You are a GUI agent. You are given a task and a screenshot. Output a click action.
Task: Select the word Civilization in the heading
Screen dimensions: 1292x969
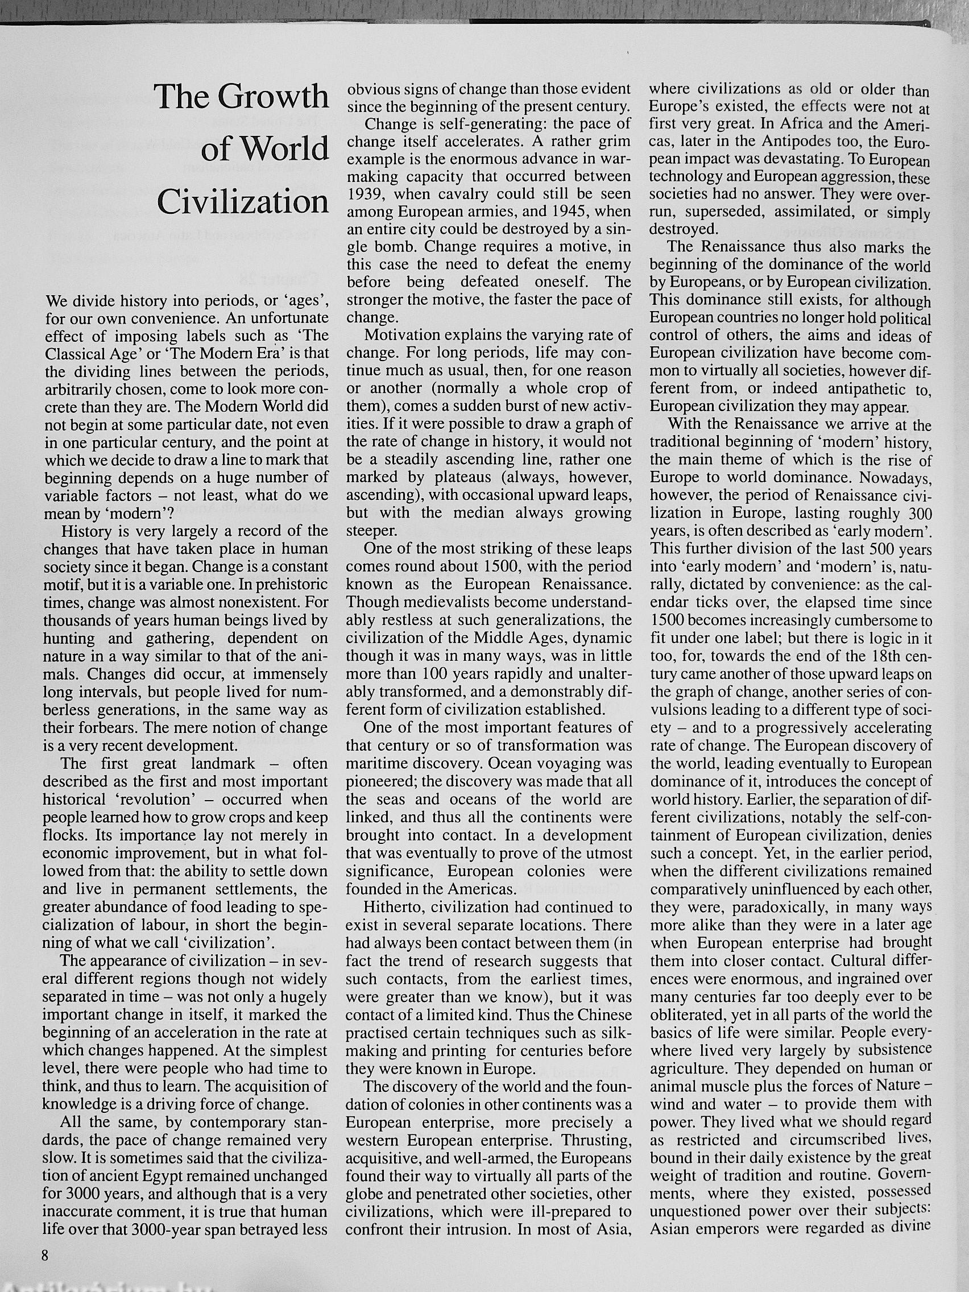click(243, 202)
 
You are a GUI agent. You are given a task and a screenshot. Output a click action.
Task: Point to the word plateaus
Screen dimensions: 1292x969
click(459, 477)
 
